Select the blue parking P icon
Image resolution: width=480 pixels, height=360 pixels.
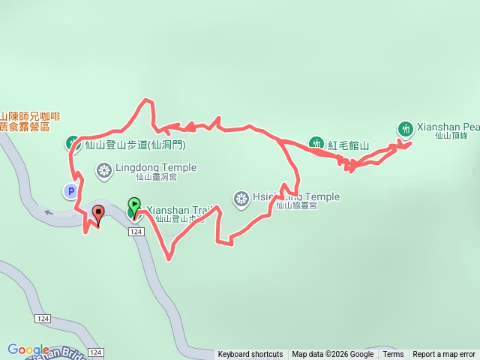point(70,192)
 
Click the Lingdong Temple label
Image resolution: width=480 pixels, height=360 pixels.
point(147,168)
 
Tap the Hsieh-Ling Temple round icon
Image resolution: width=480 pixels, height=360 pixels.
point(241,199)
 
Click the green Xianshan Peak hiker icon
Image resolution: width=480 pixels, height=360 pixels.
point(405,129)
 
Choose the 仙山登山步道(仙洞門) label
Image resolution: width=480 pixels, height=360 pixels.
point(135,144)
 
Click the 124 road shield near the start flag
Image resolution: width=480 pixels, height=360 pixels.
point(136,232)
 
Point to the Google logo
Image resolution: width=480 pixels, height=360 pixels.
point(28,349)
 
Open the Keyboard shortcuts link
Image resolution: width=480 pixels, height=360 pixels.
point(250,355)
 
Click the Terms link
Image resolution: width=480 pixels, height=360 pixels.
point(393,355)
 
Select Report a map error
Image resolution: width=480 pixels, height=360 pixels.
point(444,355)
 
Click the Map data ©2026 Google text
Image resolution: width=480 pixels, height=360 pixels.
point(332,355)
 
